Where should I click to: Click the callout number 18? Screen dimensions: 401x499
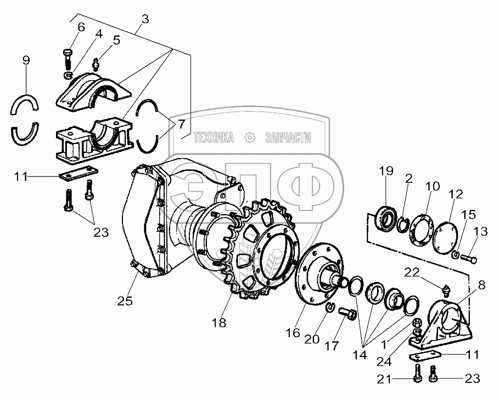[219, 323]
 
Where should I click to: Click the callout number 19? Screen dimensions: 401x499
[386, 171]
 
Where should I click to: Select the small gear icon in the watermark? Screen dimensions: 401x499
[249, 137]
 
